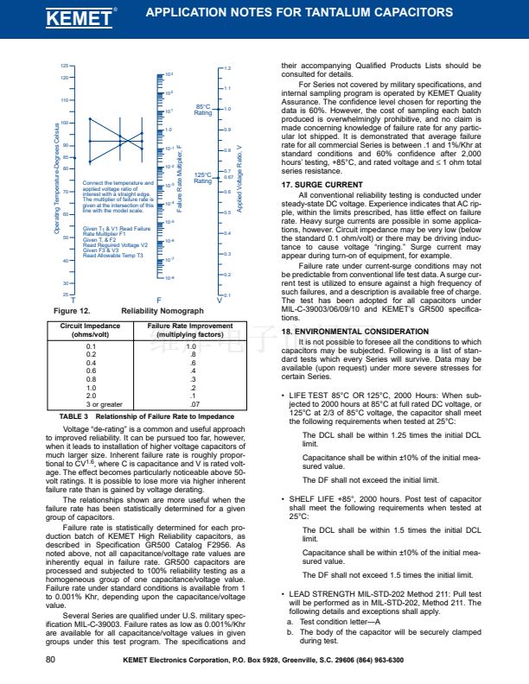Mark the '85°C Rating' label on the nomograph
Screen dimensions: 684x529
coord(203,110)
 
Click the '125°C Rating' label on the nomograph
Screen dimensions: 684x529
coord(203,177)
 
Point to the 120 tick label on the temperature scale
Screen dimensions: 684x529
coord(63,79)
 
